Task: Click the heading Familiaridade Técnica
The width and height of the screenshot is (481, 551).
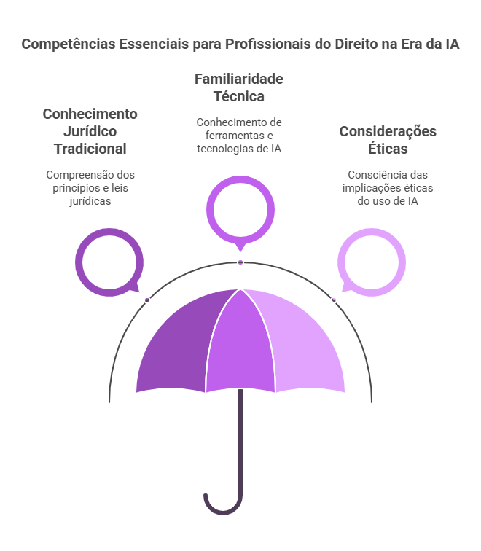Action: point(238,87)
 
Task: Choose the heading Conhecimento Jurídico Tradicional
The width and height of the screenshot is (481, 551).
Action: point(90,131)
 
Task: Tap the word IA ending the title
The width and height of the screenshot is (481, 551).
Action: point(452,44)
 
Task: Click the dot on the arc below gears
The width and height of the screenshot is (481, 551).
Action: point(240,262)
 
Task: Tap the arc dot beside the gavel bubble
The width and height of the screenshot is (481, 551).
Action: point(147,300)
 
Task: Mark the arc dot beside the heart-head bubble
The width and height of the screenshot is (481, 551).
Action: point(334,300)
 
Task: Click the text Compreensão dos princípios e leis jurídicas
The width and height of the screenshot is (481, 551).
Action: point(90,188)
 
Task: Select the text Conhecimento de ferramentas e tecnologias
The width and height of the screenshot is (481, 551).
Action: point(238,136)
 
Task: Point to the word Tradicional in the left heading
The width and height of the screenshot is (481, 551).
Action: point(90,149)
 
